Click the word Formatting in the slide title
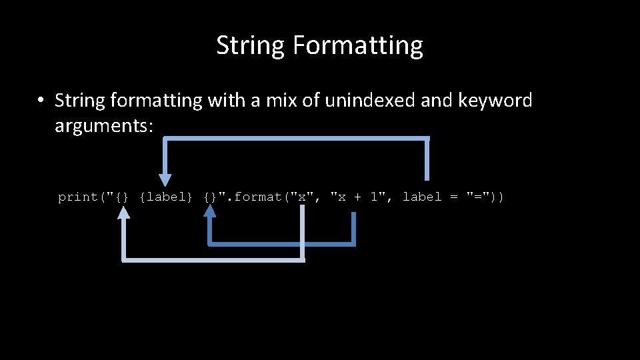point(357,46)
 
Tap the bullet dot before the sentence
point(41,101)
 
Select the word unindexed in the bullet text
point(362,101)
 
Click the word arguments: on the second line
point(104,125)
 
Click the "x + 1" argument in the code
point(360,197)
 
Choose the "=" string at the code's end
point(479,197)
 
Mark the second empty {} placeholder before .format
point(210,197)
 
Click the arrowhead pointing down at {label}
point(165,180)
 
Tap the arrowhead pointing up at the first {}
point(123,213)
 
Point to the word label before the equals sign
point(422,197)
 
